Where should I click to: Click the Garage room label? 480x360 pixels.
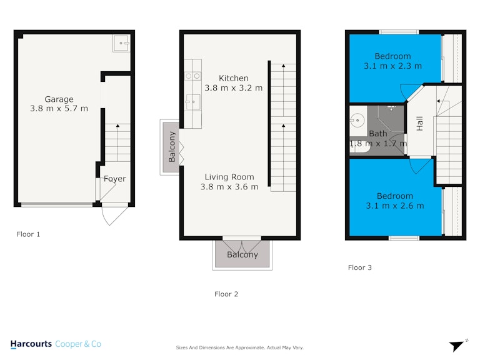coord(59,99)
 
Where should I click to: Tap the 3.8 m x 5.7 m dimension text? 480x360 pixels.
coord(59,108)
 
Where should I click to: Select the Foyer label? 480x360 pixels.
coord(115,179)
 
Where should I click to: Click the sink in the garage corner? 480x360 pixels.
coord(121,43)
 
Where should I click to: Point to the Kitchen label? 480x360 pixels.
coord(234,78)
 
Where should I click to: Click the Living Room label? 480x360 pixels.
coord(229,177)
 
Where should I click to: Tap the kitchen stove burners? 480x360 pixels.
coord(193,76)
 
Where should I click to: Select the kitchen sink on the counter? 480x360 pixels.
coord(193,102)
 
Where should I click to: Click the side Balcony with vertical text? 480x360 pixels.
coord(171,147)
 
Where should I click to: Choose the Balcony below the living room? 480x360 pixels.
coord(242,254)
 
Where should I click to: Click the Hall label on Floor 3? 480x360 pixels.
coord(420,123)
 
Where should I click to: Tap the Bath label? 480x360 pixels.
coord(378,134)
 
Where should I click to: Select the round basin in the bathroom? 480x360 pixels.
coord(357,120)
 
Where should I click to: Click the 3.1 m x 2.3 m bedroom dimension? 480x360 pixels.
coord(392,66)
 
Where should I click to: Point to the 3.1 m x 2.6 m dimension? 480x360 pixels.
coord(395,206)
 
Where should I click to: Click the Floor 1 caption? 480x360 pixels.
coord(28,234)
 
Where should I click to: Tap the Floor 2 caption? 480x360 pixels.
coord(226,294)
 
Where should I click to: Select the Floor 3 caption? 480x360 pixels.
coord(360,267)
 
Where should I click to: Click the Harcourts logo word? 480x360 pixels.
coord(31,344)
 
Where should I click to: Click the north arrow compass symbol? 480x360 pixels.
coord(457,346)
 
